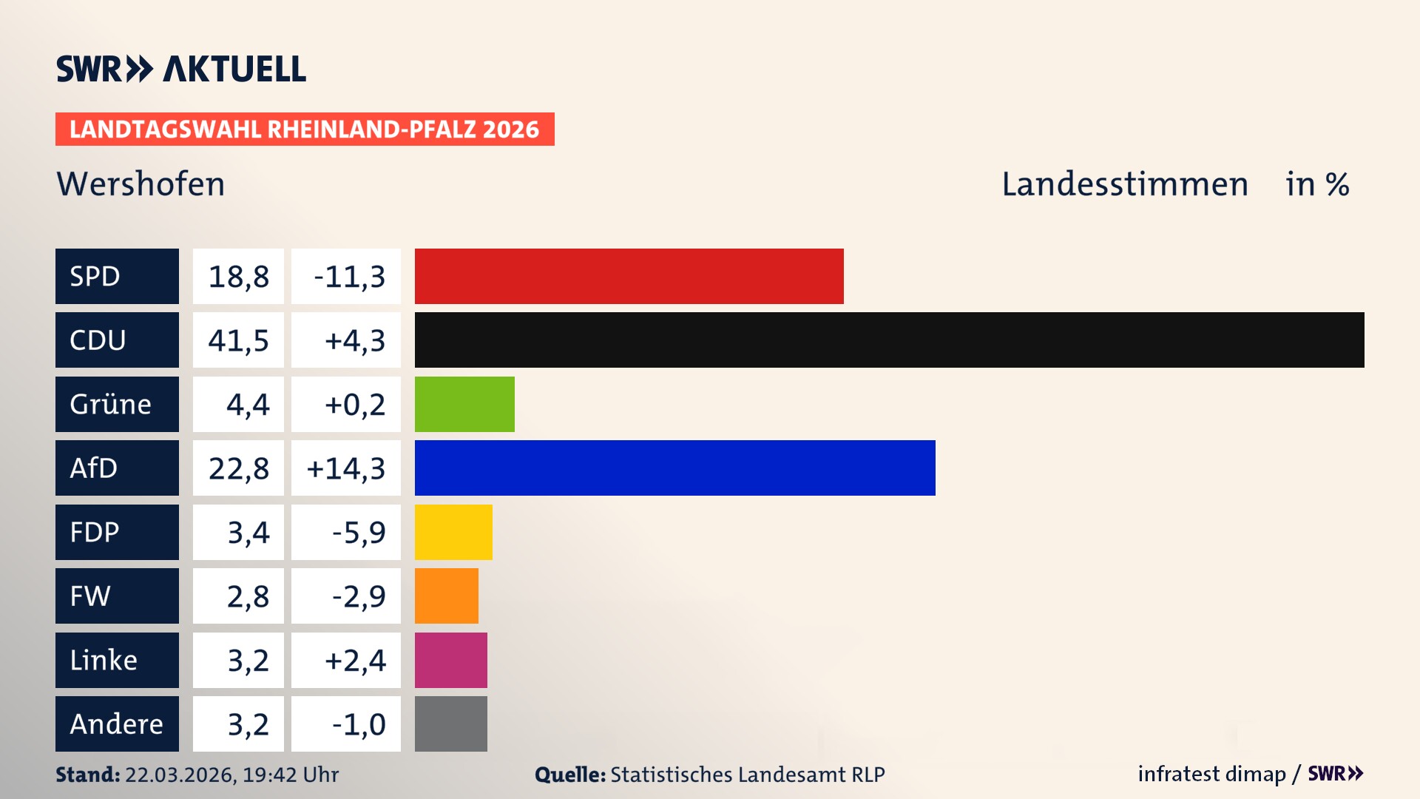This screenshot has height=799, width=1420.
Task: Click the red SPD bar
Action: (629, 276)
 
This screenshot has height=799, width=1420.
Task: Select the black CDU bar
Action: (889, 340)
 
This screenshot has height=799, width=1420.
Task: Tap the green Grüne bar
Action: (464, 404)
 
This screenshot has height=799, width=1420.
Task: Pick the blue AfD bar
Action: (674, 468)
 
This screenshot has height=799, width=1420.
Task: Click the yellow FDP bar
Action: (453, 532)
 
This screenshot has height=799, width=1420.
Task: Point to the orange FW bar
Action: (446, 596)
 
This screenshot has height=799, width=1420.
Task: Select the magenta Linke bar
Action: (450, 660)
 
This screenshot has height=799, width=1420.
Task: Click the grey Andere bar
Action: (450, 724)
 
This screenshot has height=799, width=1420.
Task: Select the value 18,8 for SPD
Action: (238, 277)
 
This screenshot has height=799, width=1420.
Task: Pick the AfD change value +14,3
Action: (346, 468)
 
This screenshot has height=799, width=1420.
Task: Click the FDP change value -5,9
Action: (358, 533)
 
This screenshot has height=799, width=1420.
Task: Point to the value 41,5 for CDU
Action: (238, 340)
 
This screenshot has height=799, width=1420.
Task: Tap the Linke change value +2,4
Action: (355, 661)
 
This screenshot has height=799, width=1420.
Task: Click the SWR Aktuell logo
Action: (180, 69)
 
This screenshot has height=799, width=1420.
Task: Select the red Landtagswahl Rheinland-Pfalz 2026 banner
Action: (305, 129)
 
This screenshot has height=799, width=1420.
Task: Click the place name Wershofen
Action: (141, 184)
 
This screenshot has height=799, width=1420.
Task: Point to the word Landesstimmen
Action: (1124, 184)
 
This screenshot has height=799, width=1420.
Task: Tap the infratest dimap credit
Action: (1211, 774)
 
